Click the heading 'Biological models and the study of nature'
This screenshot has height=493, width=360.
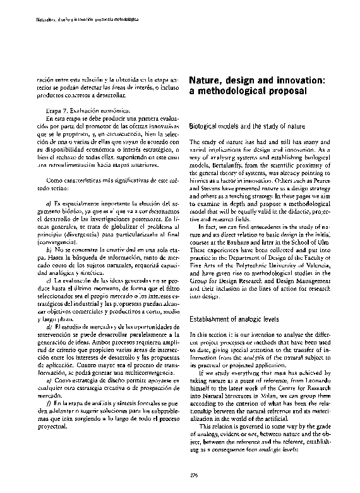tap(248, 126)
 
